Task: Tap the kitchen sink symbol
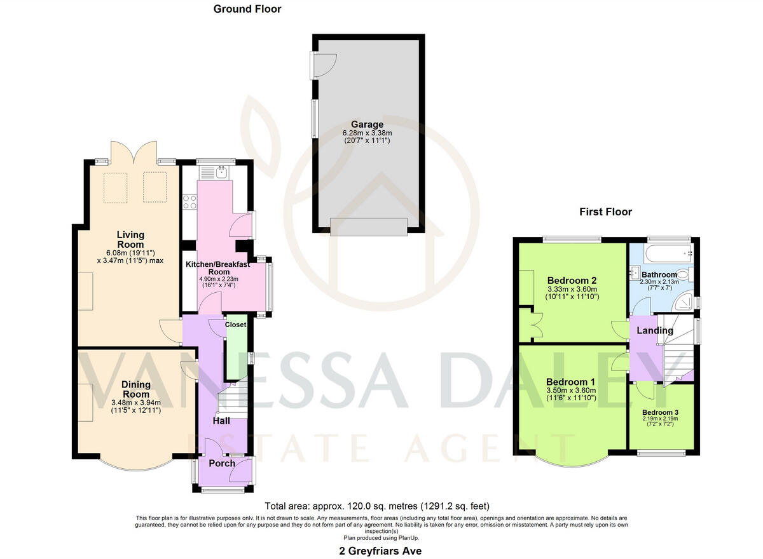tap(221, 172)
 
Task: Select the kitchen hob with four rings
tap(189, 202)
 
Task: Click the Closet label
tap(235, 325)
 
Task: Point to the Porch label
tap(221, 463)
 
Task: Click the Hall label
tap(221, 421)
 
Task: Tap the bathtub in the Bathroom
tap(661, 254)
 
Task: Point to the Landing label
tap(655, 330)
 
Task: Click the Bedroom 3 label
tap(660, 412)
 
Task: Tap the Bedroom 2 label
tap(571, 280)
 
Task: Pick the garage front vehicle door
tap(368, 227)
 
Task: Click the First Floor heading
tap(605, 212)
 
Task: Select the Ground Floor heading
tap(247, 9)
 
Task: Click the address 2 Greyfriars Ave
tap(381, 551)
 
